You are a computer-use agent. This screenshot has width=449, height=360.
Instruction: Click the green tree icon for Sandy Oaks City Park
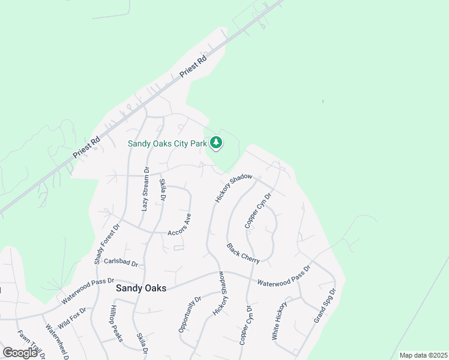[x=216, y=143]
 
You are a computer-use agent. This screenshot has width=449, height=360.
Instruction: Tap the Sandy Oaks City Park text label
[x=167, y=143]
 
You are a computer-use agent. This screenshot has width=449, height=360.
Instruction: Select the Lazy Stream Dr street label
[x=145, y=189]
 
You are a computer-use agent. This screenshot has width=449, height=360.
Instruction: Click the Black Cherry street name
[x=243, y=253]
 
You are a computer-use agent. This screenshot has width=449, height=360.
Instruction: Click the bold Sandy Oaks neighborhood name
[x=140, y=288]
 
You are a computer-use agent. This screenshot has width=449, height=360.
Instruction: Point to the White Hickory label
[x=280, y=321]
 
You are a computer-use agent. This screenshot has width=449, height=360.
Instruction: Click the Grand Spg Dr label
[x=325, y=306]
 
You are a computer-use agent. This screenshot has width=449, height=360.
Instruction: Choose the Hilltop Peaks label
[x=115, y=323]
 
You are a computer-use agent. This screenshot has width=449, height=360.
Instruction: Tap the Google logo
[x=20, y=353]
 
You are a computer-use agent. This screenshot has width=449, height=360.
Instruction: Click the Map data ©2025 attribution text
[x=423, y=355]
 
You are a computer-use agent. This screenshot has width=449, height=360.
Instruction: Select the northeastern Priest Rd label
[x=193, y=67]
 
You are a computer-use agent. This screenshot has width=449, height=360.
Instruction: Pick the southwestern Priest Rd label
[x=86, y=148]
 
